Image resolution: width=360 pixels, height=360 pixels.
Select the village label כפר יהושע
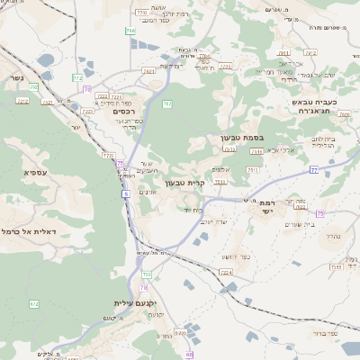(x=234, y=256)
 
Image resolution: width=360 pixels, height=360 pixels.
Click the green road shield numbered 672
(x=34, y=304)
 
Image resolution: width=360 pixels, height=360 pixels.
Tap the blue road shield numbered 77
(x=313, y=169)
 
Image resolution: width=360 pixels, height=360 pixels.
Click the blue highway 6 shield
(x=126, y=193)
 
